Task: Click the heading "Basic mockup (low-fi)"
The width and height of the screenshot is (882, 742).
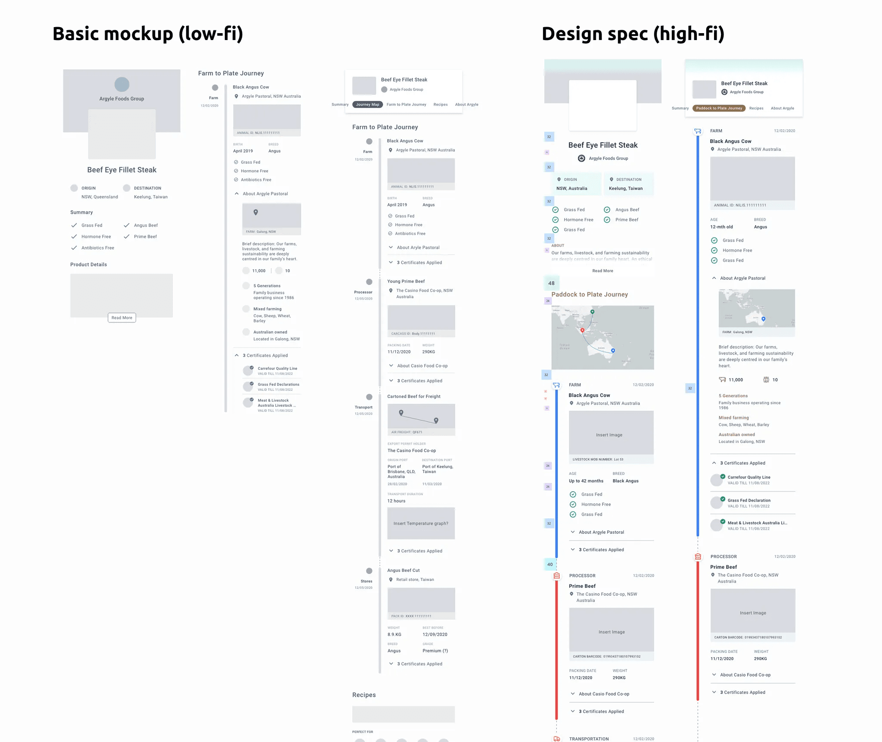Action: click(x=148, y=34)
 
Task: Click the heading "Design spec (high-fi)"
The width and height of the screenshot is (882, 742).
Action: click(x=633, y=34)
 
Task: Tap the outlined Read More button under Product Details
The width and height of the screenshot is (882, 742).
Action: click(x=122, y=318)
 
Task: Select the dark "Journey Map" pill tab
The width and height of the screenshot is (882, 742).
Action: click(x=367, y=105)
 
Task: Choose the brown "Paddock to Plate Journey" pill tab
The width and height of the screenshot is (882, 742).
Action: click(x=719, y=108)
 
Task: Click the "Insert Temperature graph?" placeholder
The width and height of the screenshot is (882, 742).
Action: click(x=421, y=524)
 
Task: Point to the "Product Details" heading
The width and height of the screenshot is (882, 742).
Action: click(x=88, y=265)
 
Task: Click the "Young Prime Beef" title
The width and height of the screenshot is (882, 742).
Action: click(x=406, y=281)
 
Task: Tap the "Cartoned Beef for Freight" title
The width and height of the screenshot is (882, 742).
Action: click(x=413, y=396)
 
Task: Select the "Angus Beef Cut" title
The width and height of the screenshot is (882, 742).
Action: click(x=403, y=571)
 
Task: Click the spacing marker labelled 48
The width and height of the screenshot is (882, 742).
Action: click(x=551, y=283)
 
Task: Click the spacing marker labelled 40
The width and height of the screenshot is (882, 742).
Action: click(x=550, y=564)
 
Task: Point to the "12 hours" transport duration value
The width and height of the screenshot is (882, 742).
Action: click(x=396, y=501)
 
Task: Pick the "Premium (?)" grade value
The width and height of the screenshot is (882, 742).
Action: click(x=435, y=651)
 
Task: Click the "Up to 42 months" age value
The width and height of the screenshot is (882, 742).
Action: click(x=586, y=481)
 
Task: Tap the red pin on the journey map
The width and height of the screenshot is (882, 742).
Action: click(x=582, y=330)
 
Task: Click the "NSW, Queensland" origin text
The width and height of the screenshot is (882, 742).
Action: click(x=99, y=197)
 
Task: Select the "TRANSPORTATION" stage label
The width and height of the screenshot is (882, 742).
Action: click(x=589, y=739)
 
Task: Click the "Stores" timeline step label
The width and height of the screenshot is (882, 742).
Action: click(x=366, y=581)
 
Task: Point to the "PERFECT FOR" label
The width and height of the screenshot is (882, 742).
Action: click(x=363, y=732)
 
